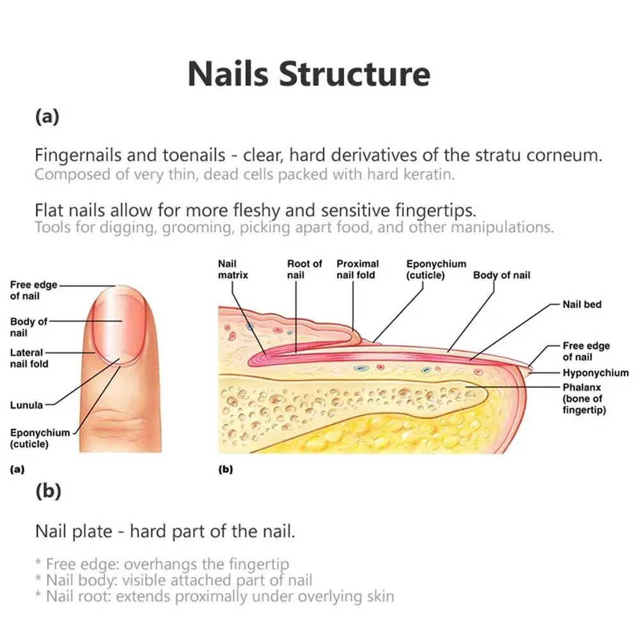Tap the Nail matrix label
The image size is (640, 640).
point(232,269)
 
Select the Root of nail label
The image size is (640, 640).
point(304,269)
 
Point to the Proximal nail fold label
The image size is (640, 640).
point(357,269)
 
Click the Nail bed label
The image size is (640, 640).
point(582,304)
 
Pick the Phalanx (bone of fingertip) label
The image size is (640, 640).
point(584,398)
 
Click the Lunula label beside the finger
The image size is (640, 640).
point(26,405)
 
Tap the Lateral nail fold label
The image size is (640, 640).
point(29,358)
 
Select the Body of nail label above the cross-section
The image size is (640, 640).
point(501,276)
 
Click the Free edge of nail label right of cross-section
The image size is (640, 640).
point(586,351)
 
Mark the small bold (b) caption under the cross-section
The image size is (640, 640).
point(226,469)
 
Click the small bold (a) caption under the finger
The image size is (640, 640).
point(17,469)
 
